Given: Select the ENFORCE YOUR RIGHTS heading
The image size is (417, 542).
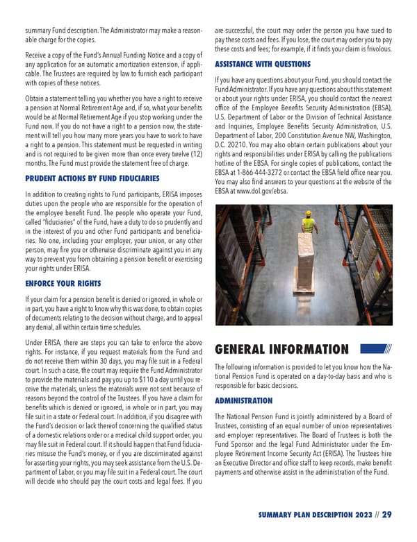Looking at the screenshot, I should coord(63,284).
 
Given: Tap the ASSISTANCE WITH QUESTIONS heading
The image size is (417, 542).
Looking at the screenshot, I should coord(263,65).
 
